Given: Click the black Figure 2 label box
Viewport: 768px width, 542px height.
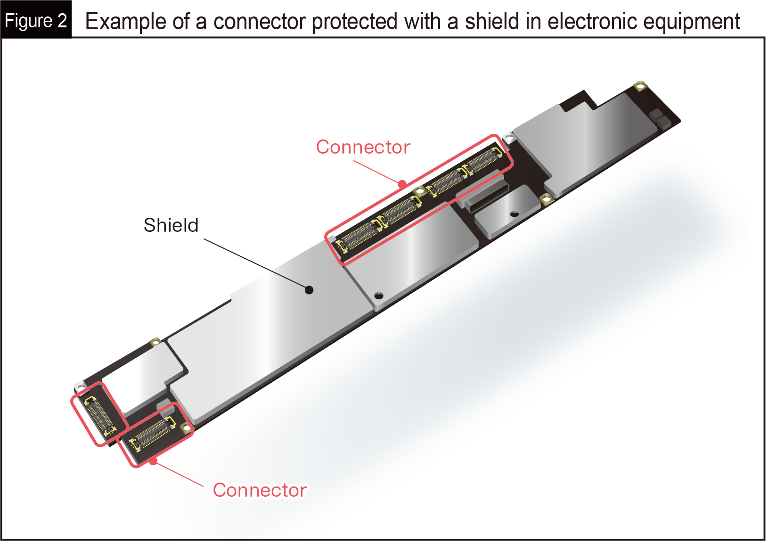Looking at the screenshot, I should tap(35, 20).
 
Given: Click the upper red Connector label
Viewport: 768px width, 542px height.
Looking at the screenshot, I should tap(363, 147).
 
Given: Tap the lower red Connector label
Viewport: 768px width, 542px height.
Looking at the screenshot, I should tap(260, 490).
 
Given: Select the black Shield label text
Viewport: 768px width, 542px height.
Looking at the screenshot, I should tap(171, 225).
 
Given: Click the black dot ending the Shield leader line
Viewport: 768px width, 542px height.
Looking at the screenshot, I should tap(309, 290).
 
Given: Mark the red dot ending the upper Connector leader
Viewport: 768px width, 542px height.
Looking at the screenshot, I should tap(402, 184).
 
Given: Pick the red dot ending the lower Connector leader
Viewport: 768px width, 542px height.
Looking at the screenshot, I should tap(153, 461).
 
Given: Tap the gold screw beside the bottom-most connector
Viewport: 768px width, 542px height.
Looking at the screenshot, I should tap(186, 428).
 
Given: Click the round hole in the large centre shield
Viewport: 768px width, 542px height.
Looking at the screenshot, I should tap(379, 296).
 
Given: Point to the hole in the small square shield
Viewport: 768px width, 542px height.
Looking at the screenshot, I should tap(515, 214).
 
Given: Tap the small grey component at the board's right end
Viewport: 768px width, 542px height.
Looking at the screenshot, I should tap(659, 120).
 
